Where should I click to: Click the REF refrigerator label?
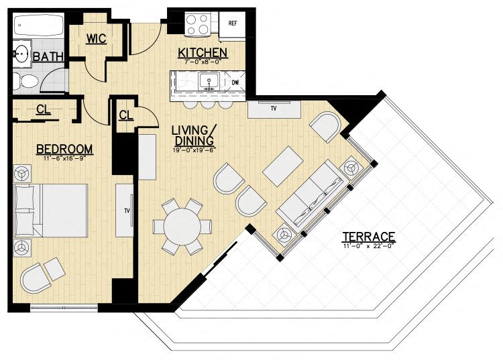coord(233,23)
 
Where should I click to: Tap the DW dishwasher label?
coord(235,82)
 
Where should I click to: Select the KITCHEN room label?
coord(203,53)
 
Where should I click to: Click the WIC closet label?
coord(96,39)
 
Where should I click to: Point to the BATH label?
coord(48,57)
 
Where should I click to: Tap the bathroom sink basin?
coord(22,54)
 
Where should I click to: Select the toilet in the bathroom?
coord(25,81)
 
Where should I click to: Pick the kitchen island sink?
coord(209,81)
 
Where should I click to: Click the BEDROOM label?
coord(64,149)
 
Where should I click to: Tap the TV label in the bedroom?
coord(127,211)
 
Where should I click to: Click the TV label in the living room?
coord(274,109)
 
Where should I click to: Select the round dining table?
coord(182,227)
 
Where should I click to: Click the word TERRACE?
coord(369,237)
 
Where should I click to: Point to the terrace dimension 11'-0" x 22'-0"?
coord(368,246)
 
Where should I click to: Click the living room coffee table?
coord(283,166)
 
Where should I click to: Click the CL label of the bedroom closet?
coord(44,109)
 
